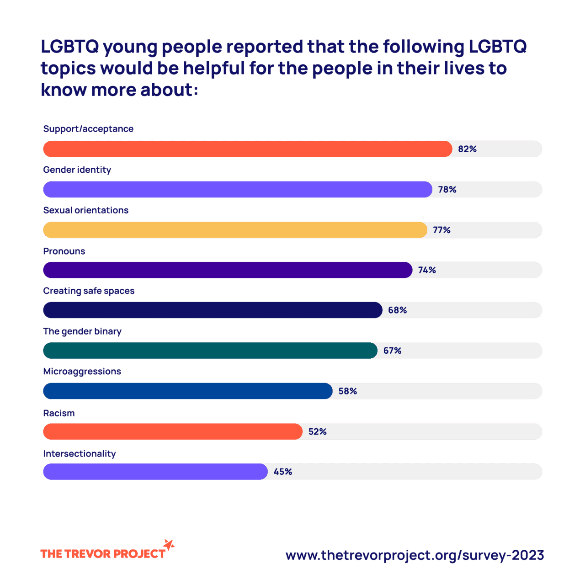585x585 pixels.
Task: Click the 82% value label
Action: (x=467, y=149)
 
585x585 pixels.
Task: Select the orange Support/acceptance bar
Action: (x=247, y=149)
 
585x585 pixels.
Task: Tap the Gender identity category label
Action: (x=77, y=170)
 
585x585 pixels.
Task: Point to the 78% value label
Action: (x=447, y=189)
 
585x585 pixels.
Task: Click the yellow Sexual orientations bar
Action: (x=235, y=230)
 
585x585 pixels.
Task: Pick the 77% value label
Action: (x=441, y=230)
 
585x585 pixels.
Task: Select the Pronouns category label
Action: (x=64, y=251)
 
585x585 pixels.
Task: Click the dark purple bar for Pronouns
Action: (x=228, y=270)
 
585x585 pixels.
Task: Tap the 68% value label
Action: (x=397, y=310)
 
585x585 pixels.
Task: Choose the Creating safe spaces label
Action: (x=89, y=291)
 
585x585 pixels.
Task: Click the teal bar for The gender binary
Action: (x=210, y=351)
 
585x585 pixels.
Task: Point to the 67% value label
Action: (x=392, y=351)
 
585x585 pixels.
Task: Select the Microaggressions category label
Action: (x=82, y=372)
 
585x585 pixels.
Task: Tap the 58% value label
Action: (x=347, y=391)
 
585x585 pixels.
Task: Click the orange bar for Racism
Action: (x=173, y=431)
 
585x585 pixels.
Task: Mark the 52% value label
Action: (x=317, y=431)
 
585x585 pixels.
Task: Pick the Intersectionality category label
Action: (x=80, y=454)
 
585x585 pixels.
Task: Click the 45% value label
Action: (x=282, y=472)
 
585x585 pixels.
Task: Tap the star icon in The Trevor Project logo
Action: (x=169, y=545)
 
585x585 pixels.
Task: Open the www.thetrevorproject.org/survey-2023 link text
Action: (x=415, y=555)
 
